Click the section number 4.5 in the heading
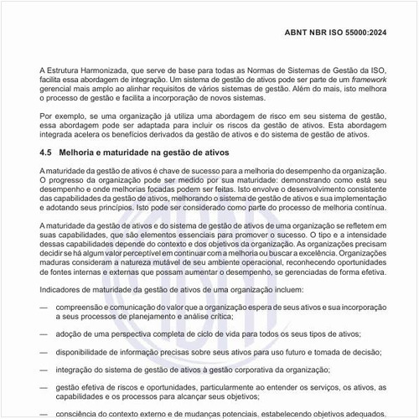pyautogui.click(x=46, y=153)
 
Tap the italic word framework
pyautogui.click(x=363, y=76)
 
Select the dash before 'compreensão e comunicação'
pyautogui.click(x=44, y=308)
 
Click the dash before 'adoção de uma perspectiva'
pyautogui.click(x=44, y=334)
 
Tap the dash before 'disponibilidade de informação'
pyautogui.click(x=44, y=352)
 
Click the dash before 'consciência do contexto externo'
pyautogui.click(x=44, y=413)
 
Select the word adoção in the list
pyautogui.click(x=70, y=334)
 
